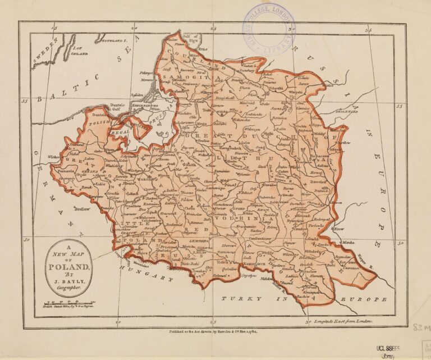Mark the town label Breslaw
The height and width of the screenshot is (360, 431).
84,208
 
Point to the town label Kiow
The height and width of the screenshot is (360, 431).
339,229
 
